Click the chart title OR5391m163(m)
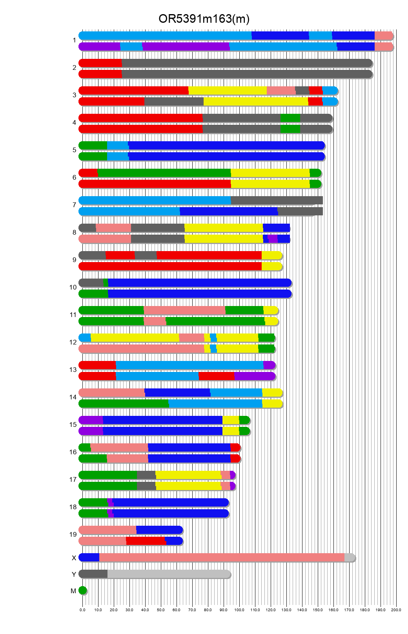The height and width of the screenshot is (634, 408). tap(204, 19)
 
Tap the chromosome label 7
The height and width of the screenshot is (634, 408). tap(74, 205)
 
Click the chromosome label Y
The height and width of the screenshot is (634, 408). tap(74, 575)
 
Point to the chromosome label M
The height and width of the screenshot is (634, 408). tap(73, 591)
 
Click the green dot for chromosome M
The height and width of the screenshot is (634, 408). tap(82, 590)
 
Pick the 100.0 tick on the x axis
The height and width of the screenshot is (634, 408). tap(239, 610)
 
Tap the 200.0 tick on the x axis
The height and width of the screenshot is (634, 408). tap(396, 610)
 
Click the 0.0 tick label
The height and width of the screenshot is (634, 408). tap(82, 610)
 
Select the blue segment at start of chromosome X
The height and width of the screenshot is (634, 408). tap(89, 557)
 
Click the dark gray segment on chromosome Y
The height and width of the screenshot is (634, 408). tap(93, 574)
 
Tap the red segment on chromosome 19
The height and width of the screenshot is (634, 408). tap(146, 541)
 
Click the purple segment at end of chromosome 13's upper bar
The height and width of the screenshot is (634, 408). tap(269, 365)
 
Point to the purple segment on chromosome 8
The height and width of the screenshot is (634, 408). tap(273, 239)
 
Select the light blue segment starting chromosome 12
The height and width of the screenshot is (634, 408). tap(85, 338)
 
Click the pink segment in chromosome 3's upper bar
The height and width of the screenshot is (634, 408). tap(281, 91)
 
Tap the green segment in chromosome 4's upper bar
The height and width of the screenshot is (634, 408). tap(290, 118)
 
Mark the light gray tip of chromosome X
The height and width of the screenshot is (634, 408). tap(349, 557)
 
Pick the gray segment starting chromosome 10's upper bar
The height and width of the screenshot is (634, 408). tap(91, 283)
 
